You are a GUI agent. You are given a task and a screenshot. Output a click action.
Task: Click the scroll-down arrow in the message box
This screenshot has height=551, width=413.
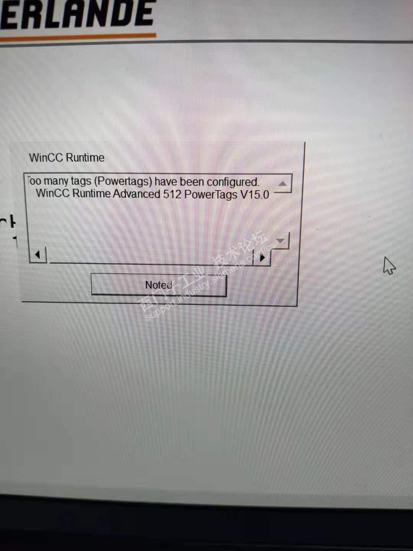click(281, 241)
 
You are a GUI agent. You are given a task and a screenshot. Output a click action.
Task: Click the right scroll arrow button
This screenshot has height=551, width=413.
click(262, 258)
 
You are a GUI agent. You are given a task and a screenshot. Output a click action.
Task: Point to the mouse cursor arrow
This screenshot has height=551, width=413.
click(389, 265)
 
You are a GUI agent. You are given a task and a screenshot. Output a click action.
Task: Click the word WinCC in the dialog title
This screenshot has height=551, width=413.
click(46, 158)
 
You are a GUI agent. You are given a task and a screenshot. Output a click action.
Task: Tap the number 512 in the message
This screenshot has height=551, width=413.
click(172, 194)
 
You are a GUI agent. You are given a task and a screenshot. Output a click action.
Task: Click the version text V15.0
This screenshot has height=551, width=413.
click(255, 194)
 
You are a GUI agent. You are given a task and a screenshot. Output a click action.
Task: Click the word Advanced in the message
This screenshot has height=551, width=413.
click(136, 194)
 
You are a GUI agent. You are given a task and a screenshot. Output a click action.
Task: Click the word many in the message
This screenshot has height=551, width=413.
click(56, 181)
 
